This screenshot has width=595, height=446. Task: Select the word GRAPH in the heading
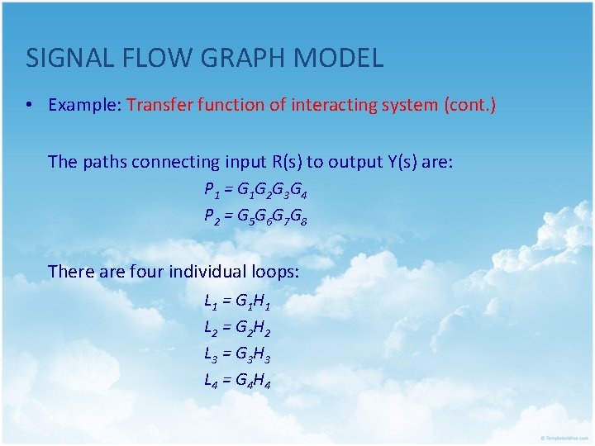[x=234, y=58]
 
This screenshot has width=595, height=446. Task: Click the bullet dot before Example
[x=29, y=106]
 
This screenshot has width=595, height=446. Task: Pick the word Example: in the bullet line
[x=85, y=105]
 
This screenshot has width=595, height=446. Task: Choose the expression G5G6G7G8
[x=272, y=217]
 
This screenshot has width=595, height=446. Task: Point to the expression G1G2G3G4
[x=272, y=191]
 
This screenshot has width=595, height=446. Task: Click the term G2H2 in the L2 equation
[x=253, y=330]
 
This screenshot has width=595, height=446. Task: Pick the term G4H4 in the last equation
[x=253, y=382]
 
